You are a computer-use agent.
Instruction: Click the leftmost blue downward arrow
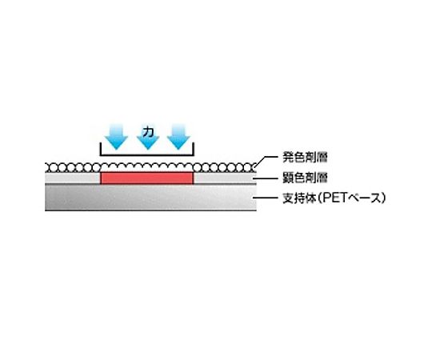click(x=116, y=137)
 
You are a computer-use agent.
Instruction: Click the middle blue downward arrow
click(x=148, y=142)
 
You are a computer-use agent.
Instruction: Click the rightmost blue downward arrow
click(x=179, y=137)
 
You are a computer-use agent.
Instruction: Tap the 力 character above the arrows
click(x=148, y=132)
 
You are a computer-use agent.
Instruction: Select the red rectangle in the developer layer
click(x=147, y=178)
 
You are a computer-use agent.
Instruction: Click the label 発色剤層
click(x=305, y=158)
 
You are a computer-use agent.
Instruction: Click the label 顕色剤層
click(x=305, y=178)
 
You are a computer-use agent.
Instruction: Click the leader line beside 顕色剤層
click(x=266, y=178)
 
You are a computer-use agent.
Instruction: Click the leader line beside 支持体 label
click(x=266, y=198)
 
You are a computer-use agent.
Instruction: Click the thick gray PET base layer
click(x=150, y=198)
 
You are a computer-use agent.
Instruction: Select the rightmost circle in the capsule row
click(x=252, y=167)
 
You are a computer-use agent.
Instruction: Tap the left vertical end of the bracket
click(x=101, y=149)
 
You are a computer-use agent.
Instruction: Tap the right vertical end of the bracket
click(x=194, y=149)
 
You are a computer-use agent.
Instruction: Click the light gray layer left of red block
click(x=73, y=178)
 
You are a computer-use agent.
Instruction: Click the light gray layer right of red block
click(x=225, y=178)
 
